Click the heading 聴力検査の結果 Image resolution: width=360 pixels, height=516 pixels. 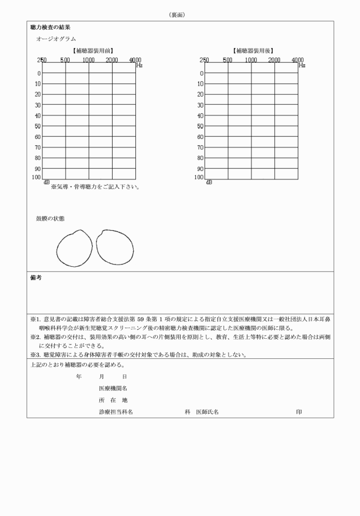tap(50, 27)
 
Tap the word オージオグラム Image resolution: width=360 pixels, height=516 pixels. tap(56, 39)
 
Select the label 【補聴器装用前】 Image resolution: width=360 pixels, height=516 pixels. tap(89, 51)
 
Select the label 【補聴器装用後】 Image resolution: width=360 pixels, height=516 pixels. tap(252, 51)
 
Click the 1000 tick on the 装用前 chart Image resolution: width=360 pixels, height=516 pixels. tap(89, 60)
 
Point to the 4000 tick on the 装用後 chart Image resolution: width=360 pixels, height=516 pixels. tap(298, 60)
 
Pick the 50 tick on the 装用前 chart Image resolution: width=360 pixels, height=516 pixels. tap(37, 126)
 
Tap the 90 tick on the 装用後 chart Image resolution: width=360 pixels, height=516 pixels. tap(199, 169)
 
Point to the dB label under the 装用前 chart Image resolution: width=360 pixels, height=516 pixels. tap(46, 182)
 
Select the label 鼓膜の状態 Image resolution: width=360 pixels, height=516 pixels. tap(50, 219)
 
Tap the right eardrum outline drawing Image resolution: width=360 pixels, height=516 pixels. tap(114, 247)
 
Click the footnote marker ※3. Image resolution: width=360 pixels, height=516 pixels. tap(34, 354)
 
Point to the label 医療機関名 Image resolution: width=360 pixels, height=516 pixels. tap(113, 388)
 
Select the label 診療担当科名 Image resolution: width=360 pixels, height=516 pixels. tap(116, 411)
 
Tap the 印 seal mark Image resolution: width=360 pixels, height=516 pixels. tap(299, 411)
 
